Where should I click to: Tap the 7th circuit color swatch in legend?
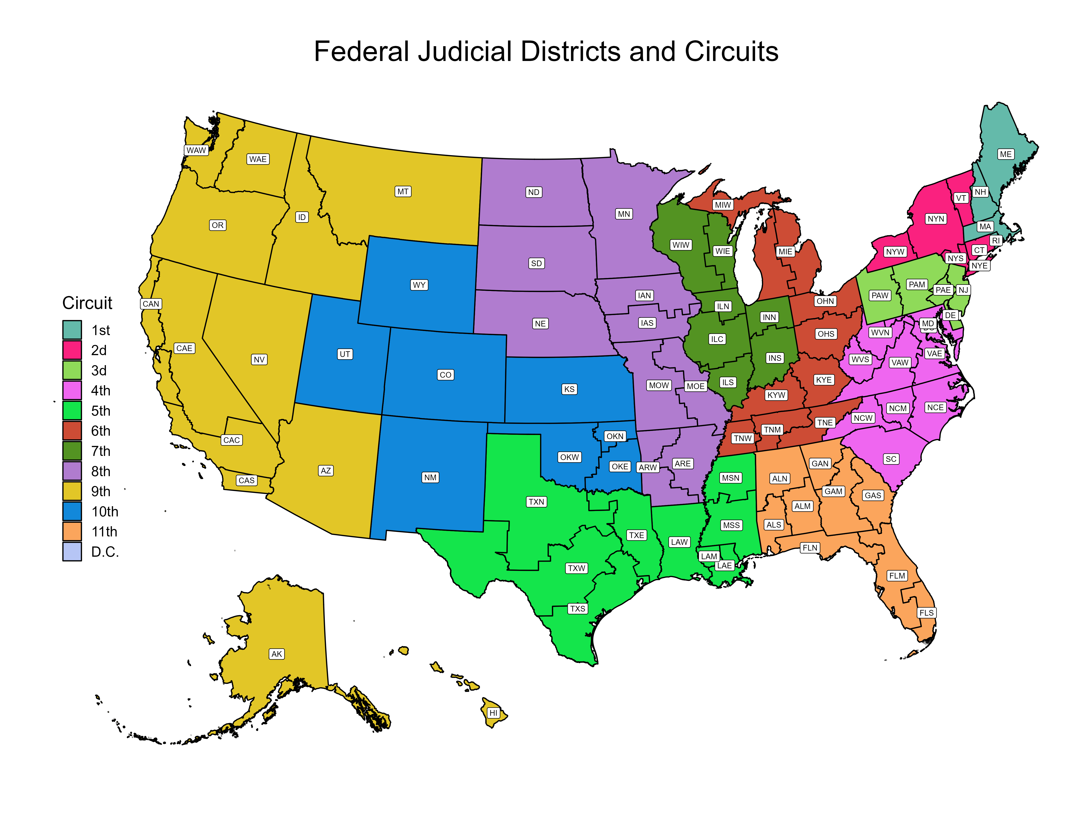[x=72, y=451]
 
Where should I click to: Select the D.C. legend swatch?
[x=72, y=551]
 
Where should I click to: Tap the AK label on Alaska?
[x=277, y=654]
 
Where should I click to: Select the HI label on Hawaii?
[x=493, y=713]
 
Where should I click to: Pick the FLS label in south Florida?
[x=926, y=613]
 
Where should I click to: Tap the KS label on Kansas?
[x=569, y=389]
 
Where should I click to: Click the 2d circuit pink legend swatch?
[x=72, y=350]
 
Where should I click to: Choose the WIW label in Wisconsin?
[x=681, y=245]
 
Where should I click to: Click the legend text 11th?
[x=104, y=532]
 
